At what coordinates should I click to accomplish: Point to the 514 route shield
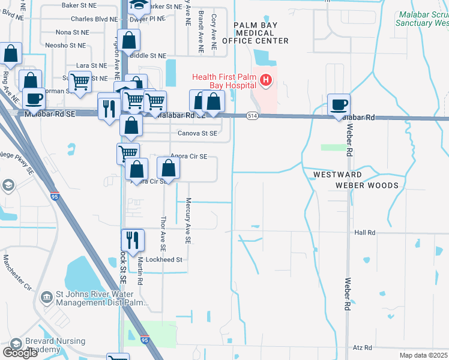coord(252,115)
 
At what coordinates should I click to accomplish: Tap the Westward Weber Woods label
coord(354,180)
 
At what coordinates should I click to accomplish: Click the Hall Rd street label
coord(364,232)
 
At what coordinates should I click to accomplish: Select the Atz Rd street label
coord(363,347)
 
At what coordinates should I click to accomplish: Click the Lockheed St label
coord(163,260)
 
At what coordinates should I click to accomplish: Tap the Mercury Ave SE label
coord(188,221)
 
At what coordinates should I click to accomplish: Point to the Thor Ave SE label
coord(163,233)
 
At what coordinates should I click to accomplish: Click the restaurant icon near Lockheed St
coord(133,241)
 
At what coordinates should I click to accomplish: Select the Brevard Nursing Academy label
coord(34,345)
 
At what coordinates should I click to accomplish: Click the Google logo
coord(20,353)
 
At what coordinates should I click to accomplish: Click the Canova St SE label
coord(197,133)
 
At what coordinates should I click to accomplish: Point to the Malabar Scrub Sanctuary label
coord(422,19)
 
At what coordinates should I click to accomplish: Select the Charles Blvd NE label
coord(94,19)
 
